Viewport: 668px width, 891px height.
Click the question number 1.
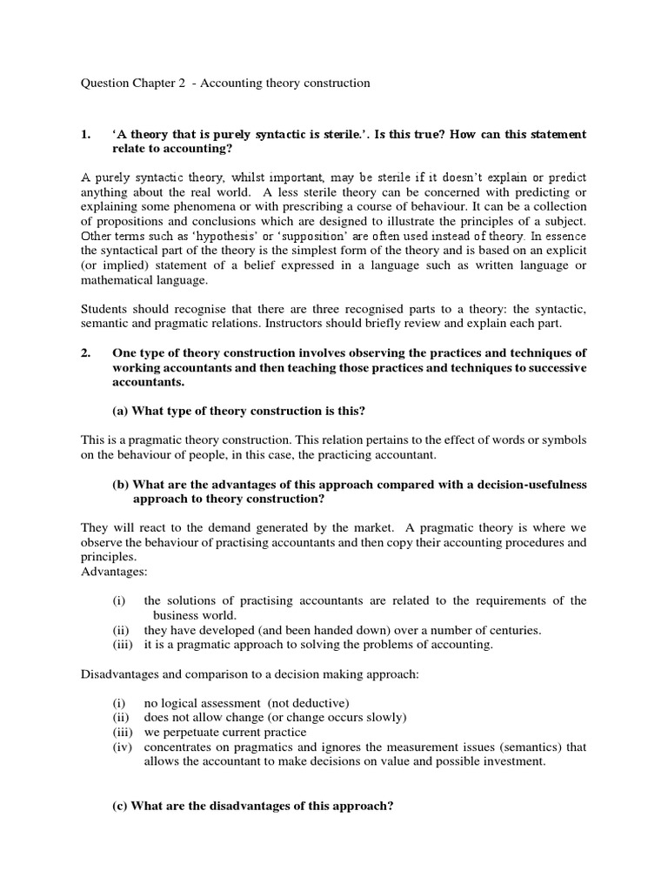click(x=84, y=135)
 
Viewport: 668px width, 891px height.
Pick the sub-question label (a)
click(x=121, y=411)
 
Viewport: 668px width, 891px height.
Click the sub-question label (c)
click(x=121, y=806)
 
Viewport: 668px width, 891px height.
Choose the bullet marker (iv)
click(x=122, y=747)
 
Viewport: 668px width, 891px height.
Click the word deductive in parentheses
click(x=301, y=702)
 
